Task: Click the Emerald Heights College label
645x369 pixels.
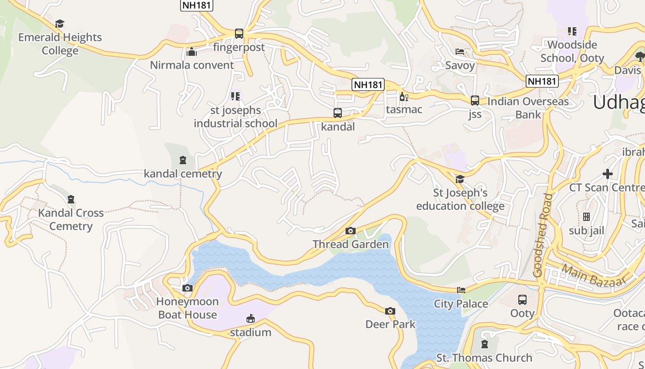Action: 60,44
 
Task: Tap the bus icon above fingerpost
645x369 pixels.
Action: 239,34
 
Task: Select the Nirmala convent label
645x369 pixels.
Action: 192,65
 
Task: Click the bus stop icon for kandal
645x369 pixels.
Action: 338,113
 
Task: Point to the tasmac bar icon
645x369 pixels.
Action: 404,96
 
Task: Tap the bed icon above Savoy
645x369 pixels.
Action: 460,52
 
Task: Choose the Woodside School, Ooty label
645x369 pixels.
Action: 572,51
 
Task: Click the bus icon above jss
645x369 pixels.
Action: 475,101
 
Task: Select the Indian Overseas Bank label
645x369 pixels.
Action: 528,107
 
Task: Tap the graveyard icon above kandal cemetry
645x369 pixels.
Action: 183,161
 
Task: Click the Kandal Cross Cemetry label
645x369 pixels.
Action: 71,220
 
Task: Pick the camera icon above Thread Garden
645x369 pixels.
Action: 351,231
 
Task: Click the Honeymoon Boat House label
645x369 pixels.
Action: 188,308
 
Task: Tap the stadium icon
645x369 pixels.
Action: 251,319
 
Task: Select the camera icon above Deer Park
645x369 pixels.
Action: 390,311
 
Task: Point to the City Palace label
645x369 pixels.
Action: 461,304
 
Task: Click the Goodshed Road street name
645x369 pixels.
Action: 543,235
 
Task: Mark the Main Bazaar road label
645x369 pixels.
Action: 594,275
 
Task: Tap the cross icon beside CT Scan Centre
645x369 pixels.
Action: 608,174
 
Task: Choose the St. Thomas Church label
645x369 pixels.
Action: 484,357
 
